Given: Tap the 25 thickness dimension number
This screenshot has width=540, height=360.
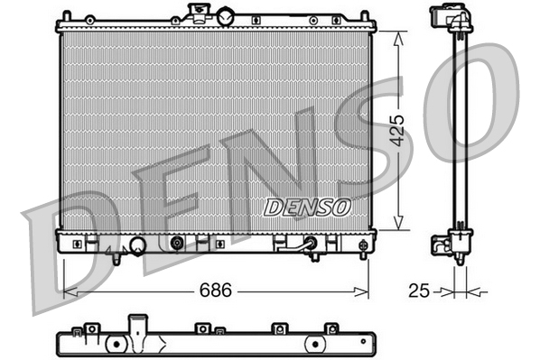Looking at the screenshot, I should pos(418,291).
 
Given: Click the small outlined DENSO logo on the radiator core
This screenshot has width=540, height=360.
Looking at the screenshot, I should pos(307,207).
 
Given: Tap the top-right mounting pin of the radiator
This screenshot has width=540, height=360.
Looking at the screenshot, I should pos(365,16).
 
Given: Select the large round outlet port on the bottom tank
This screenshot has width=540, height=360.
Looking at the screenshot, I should pos(138,245).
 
